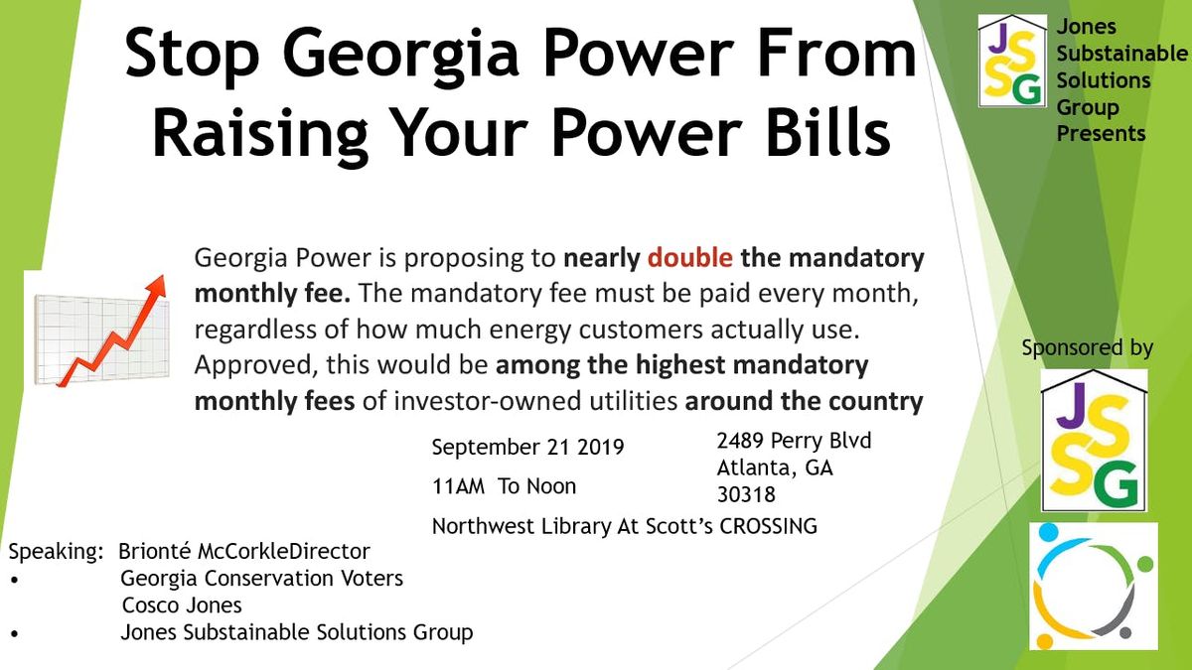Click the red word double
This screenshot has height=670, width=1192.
[x=689, y=258]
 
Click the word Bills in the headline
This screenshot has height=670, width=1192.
[x=828, y=129]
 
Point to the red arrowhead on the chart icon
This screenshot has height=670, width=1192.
[x=157, y=286]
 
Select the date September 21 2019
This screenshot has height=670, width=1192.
[x=527, y=448]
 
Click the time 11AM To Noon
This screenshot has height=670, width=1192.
[x=504, y=486]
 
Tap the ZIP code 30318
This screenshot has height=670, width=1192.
[x=746, y=495]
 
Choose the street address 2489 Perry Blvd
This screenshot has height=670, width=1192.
[x=794, y=441]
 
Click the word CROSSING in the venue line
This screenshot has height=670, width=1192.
[x=769, y=526]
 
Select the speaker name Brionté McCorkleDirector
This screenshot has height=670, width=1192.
[x=243, y=552]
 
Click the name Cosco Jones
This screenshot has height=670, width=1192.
[x=182, y=605]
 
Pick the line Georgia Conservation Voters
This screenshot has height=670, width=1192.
[x=262, y=579]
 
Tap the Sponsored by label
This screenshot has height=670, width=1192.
[x=1087, y=348]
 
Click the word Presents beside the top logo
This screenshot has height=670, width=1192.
[x=1101, y=133]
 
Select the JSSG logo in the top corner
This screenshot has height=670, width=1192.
[x=1012, y=61]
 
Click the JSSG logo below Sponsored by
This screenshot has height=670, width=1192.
[x=1094, y=441]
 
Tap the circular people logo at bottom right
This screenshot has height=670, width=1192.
[x=1094, y=586]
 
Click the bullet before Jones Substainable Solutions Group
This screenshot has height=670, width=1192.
[x=14, y=634]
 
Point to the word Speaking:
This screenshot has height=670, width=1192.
[x=56, y=552]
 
